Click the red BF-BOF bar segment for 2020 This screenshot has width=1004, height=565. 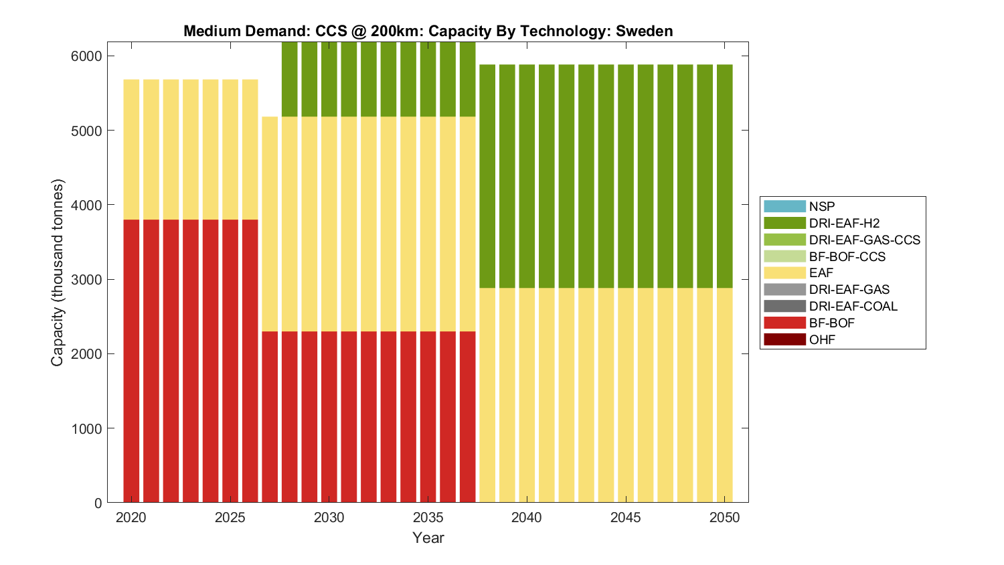tap(131, 361)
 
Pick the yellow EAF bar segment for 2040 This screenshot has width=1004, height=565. tap(527, 395)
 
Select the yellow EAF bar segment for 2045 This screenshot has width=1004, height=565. tap(626, 395)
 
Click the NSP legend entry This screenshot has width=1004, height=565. tap(821, 206)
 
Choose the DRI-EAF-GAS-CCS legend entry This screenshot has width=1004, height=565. tap(864, 240)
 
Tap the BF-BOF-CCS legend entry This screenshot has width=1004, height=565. tap(847, 256)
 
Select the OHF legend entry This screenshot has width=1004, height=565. tap(822, 339)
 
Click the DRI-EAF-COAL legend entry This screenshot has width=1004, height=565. tap(853, 306)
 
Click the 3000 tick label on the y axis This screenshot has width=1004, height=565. tap(86, 280)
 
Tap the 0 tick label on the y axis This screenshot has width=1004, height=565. tap(98, 503)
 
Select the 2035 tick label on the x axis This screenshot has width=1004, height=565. tap(428, 517)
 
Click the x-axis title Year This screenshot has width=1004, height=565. tap(428, 538)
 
